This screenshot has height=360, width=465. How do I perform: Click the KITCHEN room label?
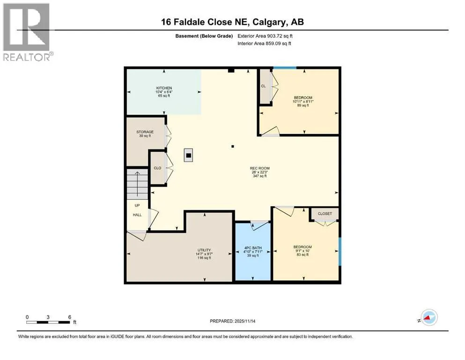(164, 88)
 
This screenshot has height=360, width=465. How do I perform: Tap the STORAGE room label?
(145, 132)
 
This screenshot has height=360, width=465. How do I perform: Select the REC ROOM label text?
(260, 168)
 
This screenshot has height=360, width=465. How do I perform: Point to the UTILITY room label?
(204, 250)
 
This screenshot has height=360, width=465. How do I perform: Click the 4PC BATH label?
(253, 248)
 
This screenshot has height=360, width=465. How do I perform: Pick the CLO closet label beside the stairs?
(157, 168)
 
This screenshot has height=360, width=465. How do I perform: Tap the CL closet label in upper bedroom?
(263, 86)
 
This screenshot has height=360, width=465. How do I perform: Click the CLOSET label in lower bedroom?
(325, 214)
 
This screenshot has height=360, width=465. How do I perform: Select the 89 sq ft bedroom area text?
(303, 105)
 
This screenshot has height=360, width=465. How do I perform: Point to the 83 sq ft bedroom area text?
(303, 255)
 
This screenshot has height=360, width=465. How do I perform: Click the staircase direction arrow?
(137, 184)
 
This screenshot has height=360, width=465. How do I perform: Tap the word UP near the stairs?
(137, 205)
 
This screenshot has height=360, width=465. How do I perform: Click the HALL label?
(137, 215)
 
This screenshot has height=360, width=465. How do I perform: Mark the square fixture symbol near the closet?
(188, 155)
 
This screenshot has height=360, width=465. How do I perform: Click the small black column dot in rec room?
(233, 146)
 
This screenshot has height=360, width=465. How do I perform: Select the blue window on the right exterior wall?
(340, 251)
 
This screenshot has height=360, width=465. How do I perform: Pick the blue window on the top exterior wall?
(285, 68)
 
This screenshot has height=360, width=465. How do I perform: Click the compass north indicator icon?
(429, 317)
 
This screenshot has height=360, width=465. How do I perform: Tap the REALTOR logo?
(27, 32)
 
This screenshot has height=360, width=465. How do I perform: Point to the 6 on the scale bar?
(70, 317)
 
